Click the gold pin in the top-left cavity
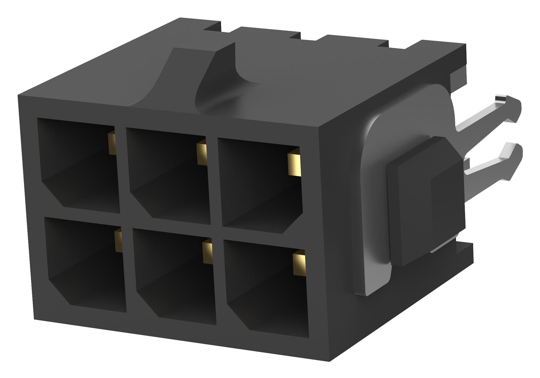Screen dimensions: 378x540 pos(112,143)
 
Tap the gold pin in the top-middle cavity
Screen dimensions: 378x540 pos(202,154)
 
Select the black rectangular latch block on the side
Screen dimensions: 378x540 pos(424,200)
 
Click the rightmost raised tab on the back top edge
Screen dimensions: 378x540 pos(356,41)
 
